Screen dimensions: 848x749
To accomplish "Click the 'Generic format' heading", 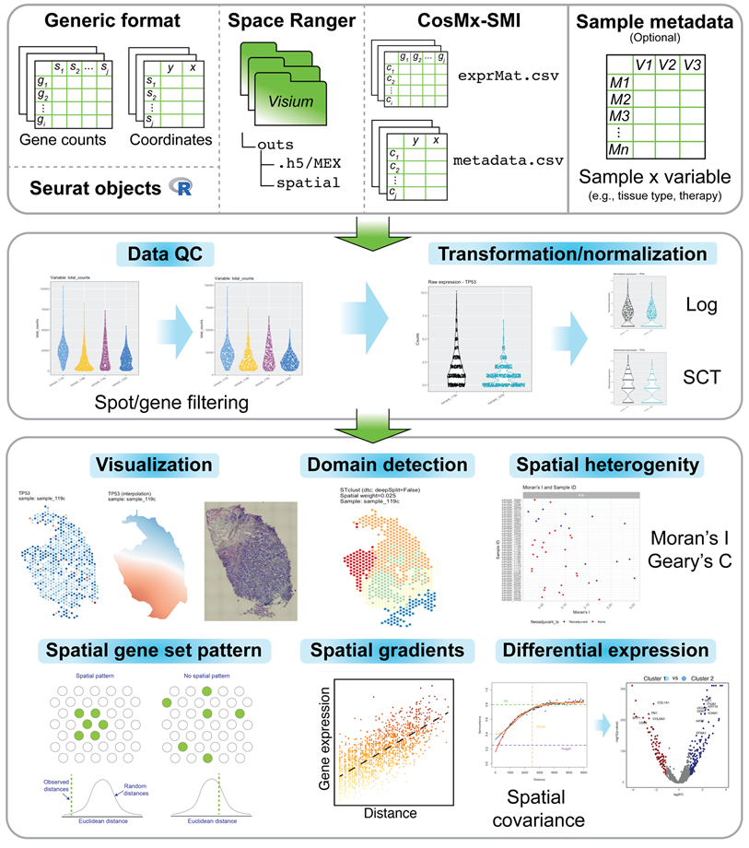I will (x=111, y=21).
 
